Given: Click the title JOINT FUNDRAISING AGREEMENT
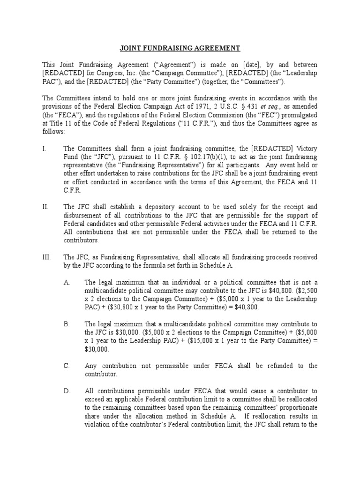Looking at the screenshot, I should click(180, 48).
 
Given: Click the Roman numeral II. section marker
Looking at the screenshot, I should click(45, 206).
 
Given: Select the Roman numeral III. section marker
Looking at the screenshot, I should click(46, 256).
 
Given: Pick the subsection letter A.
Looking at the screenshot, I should click(66, 282).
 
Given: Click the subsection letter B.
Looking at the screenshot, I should click(66, 324).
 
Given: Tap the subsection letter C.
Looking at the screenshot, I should click(66, 366).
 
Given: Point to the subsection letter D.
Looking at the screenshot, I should click(66, 390).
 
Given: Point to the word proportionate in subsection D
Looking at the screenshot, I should click(296, 407).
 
